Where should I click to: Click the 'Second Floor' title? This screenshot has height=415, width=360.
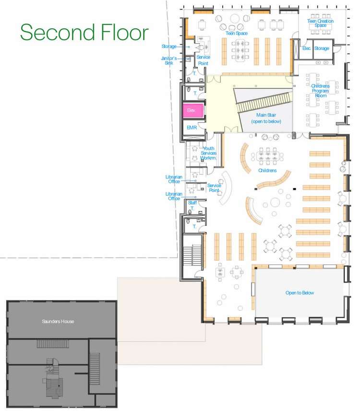pyautogui.click(x=84, y=32)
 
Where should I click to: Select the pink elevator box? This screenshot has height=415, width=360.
pyautogui.click(x=193, y=110)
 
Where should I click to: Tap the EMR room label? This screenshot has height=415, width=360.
pyautogui.click(x=192, y=128)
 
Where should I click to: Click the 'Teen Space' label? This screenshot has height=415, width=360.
pyautogui.click(x=236, y=34)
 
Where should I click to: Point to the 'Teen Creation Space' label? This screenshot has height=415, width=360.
pyautogui.click(x=320, y=23)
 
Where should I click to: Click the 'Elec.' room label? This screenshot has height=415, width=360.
pyautogui.click(x=307, y=48)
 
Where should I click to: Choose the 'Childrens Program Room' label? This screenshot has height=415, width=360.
pyautogui.click(x=320, y=91)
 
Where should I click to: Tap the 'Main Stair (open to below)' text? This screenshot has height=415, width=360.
pyautogui.click(x=266, y=119)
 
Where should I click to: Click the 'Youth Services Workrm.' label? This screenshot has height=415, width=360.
pyautogui.click(x=208, y=153)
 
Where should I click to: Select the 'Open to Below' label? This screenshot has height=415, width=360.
pyautogui.click(x=300, y=293)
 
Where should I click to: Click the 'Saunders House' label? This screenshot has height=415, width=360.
pyautogui.click(x=58, y=321)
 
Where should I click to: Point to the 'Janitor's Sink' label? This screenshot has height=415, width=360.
pyautogui.click(x=169, y=60)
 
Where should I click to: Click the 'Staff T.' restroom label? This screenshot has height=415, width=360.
pyautogui.click(x=192, y=205)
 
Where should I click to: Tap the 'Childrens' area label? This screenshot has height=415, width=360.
pyautogui.click(x=267, y=170)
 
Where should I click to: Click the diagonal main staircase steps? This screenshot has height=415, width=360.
pyautogui.click(x=264, y=102)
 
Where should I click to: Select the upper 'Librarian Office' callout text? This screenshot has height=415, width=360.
pyautogui.click(x=174, y=179)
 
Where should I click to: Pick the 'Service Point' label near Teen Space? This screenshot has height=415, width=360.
pyautogui.click(x=204, y=60)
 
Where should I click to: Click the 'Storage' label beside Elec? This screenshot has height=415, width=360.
pyautogui.click(x=322, y=48)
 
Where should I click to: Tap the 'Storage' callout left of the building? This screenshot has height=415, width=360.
pyautogui.click(x=169, y=47)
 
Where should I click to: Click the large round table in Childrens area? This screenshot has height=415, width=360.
pyautogui.click(x=275, y=202)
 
